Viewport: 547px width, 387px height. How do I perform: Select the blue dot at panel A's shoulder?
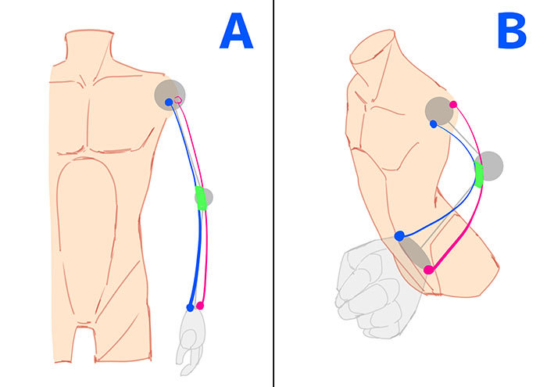pyautogui.click(x=169, y=102)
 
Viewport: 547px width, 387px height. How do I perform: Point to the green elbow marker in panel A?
pyautogui.click(x=201, y=198)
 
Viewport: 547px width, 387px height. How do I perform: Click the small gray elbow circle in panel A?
pyautogui.click(x=207, y=197)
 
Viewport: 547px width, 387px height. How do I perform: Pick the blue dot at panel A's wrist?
pyautogui.click(x=191, y=307)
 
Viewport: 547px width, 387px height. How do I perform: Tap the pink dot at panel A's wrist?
pyautogui.click(x=201, y=305)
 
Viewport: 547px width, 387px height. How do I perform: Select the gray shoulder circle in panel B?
pyautogui.click(x=439, y=111)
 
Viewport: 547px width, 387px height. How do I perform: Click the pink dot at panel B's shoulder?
pyautogui.click(x=453, y=104)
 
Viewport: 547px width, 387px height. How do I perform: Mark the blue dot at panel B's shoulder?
pyautogui.click(x=433, y=124)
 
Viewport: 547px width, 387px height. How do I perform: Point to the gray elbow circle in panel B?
pyautogui.click(x=490, y=166)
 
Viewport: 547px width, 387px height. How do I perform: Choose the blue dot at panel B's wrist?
pyautogui.click(x=399, y=235)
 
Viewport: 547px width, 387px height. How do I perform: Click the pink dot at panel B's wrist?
pyautogui.click(x=428, y=271)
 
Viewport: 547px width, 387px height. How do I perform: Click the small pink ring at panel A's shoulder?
pyautogui.click(x=178, y=100)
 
